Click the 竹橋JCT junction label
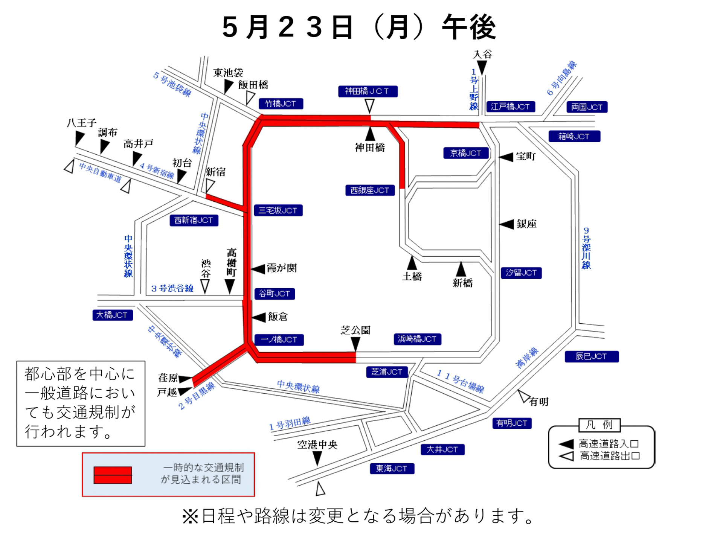(x=281, y=104)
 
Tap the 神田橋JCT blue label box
(x=367, y=91)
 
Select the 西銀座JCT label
(x=369, y=190)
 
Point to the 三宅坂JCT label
(x=278, y=210)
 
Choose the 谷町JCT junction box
(x=275, y=294)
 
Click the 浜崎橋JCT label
(x=417, y=339)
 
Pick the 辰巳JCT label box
(x=591, y=356)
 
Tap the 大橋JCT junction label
(x=112, y=315)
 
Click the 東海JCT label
(x=392, y=468)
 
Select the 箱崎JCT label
(x=574, y=136)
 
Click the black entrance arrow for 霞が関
(x=258, y=269)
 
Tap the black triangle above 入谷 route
(x=482, y=68)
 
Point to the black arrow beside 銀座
(x=507, y=224)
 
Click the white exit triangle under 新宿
(x=210, y=186)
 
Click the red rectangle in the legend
(x=113, y=475)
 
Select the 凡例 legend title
(x=599, y=425)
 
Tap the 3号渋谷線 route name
(x=172, y=289)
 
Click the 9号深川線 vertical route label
(x=586, y=248)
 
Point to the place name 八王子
(x=82, y=123)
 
